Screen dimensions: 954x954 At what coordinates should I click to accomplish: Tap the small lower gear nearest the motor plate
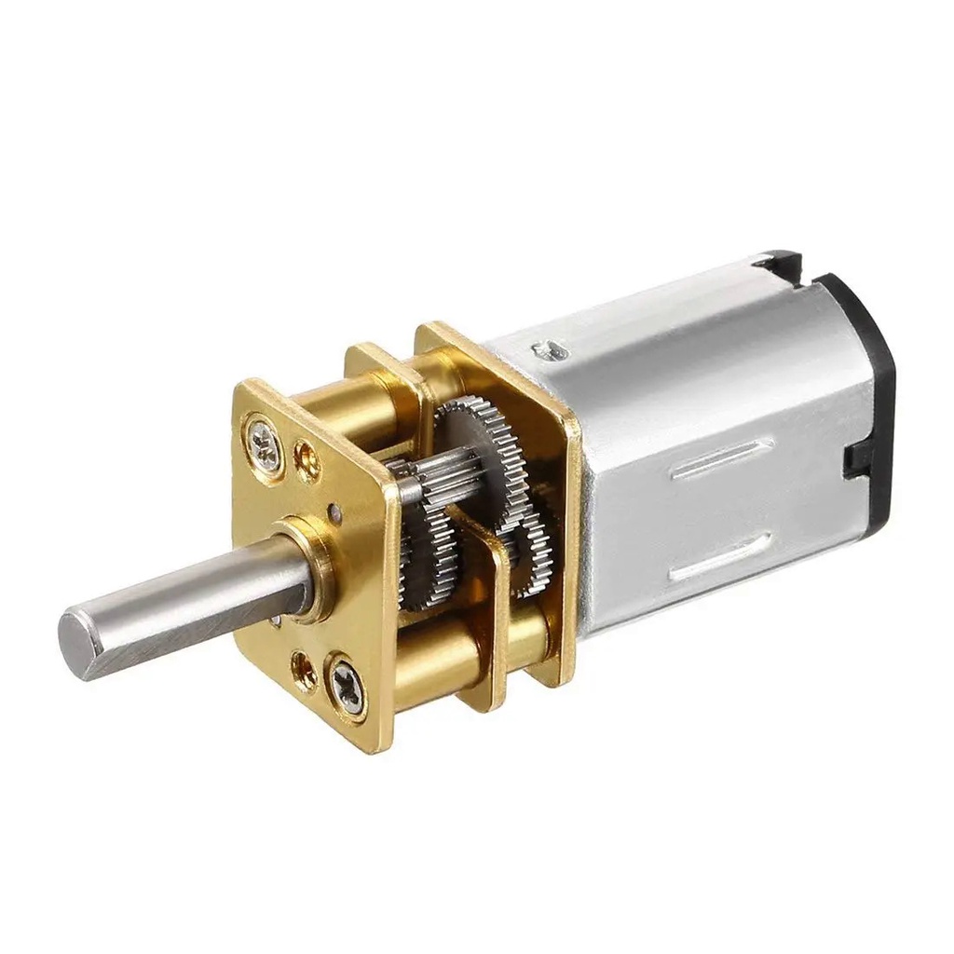tap(533, 559)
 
